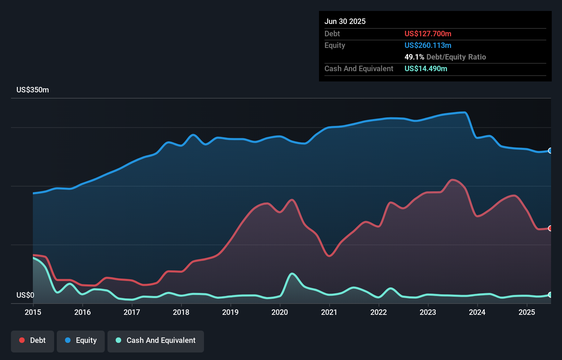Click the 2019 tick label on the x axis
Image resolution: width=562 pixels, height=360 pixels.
pos(230,312)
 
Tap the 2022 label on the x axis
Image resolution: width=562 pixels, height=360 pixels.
pos(379,312)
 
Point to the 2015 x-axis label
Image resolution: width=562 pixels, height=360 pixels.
pos(33,312)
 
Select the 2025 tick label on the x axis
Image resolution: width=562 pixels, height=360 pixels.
pos(527,312)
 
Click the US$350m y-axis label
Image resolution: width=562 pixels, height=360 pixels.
pos(33,90)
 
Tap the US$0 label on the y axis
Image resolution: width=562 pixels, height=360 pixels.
pos(25,295)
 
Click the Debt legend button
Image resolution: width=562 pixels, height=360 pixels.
pos(33,340)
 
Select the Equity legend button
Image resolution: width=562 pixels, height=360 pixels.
pos(81,340)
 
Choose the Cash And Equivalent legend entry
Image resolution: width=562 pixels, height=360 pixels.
pos(156,340)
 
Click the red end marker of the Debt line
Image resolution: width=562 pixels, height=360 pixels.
pos(550,228)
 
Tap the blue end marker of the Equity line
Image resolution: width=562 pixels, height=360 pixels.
pos(550,151)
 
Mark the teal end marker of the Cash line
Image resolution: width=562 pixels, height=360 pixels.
pos(550,295)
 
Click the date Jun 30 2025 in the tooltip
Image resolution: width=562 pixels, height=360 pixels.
pos(345,21)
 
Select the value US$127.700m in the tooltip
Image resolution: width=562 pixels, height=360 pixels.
pos(428,34)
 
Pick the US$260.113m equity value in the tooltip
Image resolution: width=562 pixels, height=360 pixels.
pos(428,45)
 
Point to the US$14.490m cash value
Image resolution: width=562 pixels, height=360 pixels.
pos(426,68)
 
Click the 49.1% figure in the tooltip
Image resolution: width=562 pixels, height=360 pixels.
pos(414,57)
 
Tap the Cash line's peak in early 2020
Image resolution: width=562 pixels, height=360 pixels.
pos(292,273)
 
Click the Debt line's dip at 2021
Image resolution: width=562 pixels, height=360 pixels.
pos(329,256)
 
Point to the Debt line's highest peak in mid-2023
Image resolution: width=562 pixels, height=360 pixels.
pos(453,179)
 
